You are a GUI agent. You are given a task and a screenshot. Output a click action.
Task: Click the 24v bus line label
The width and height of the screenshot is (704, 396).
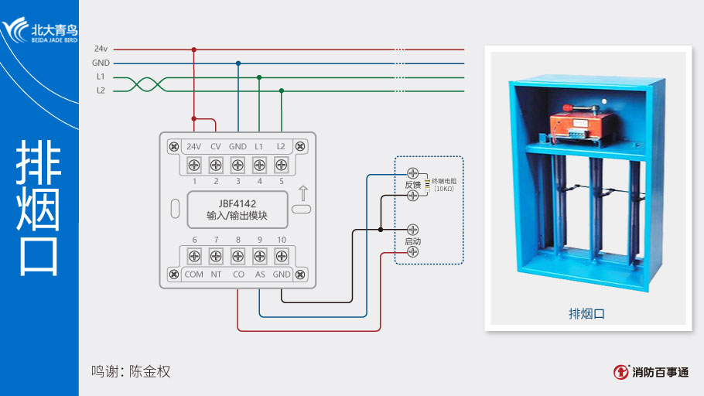[101, 49]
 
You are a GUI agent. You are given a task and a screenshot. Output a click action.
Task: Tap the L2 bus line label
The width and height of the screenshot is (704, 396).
[101, 90]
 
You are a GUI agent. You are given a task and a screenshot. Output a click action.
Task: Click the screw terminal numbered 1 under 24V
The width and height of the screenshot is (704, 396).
[194, 164]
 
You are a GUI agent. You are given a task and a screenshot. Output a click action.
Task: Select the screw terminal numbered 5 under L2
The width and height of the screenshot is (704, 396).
[281, 164]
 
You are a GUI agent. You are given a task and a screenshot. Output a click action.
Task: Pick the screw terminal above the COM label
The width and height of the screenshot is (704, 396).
[194, 256]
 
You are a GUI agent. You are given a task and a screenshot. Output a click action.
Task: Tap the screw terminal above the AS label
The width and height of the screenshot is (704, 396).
[260, 256]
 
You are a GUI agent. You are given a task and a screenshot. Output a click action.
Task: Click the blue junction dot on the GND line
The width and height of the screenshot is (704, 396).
[238, 63]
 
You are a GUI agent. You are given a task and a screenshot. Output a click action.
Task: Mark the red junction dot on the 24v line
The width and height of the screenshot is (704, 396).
[194, 49]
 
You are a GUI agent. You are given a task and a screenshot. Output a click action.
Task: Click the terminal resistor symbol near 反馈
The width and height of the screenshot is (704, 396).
[426, 185]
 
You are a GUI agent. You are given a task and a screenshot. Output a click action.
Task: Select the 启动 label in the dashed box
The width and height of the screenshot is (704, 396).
[413, 241]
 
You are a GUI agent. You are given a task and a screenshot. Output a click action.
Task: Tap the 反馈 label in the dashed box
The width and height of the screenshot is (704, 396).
[412, 185]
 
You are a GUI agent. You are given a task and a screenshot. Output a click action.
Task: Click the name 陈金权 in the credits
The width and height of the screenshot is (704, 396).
[149, 371]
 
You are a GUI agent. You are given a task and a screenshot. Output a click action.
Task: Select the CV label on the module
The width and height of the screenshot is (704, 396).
[216, 146]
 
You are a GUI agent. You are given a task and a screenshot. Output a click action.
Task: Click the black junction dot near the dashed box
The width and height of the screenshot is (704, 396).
[381, 230]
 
